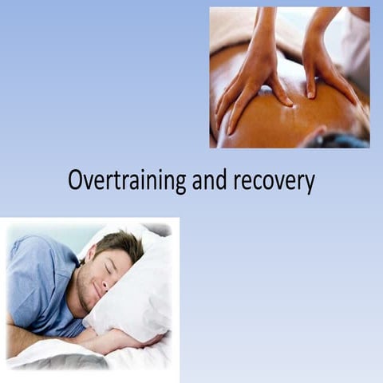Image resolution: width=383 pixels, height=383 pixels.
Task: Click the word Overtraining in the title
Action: click(x=127, y=180)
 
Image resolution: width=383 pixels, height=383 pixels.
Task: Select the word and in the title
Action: click(x=210, y=180)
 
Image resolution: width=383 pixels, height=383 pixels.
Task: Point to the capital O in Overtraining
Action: click(x=75, y=180)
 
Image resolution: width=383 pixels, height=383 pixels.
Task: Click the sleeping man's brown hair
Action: click(x=120, y=243)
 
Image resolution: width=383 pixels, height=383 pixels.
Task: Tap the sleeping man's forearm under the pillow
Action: click(x=112, y=343)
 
